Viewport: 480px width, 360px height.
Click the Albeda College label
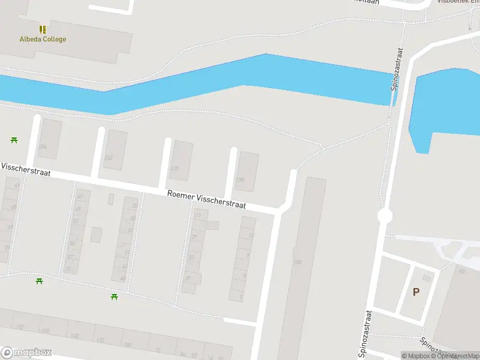[43, 40]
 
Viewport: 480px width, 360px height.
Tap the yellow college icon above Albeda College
[43, 29]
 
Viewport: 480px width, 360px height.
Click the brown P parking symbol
[416, 292]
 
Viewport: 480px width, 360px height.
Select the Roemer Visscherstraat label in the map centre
[206, 199]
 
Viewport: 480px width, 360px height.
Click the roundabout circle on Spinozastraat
[385, 215]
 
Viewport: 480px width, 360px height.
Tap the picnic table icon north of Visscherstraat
[14, 140]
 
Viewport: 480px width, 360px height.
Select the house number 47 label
[80, 197]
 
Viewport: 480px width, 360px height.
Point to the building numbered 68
[462, 271]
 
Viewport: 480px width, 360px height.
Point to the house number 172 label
[19, 328]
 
